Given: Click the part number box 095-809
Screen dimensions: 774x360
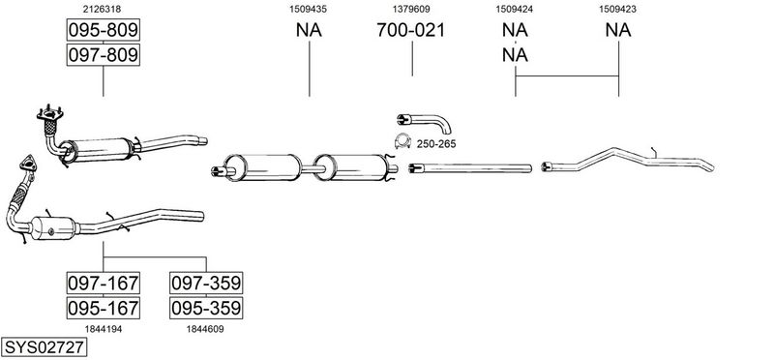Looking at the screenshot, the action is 104,30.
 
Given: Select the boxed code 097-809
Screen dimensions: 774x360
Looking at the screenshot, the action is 104,54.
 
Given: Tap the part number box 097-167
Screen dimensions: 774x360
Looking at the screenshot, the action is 104,283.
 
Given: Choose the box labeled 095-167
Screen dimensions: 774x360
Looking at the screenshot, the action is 104,308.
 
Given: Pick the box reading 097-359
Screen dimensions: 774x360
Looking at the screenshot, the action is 206,283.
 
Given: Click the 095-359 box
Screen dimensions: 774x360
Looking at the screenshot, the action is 206,308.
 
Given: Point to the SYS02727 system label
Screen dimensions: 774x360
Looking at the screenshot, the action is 44,347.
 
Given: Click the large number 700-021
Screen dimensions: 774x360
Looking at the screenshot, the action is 410,30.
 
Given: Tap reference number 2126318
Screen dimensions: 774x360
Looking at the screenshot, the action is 103,9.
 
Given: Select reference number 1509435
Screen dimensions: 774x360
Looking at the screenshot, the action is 308,9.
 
